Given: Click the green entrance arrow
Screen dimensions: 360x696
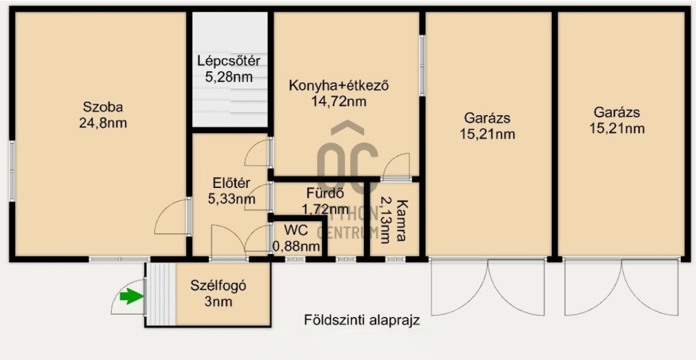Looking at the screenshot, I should tap(131, 296).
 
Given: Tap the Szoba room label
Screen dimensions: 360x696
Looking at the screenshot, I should tap(102, 107).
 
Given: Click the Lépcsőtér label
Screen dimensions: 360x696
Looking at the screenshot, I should tap(228, 60).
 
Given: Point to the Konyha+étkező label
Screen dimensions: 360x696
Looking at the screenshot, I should tap(339, 86).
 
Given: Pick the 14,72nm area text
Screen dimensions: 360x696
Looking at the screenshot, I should tap(339, 102).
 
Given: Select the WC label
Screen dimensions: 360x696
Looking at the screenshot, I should tap(296, 231).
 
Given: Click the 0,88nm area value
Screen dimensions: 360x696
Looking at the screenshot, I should tap(296, 246).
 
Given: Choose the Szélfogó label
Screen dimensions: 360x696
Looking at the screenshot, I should tap(218, 285).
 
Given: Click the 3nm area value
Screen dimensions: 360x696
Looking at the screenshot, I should tap(218, 301).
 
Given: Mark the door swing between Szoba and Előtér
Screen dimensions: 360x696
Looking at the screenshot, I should tap(173, 217).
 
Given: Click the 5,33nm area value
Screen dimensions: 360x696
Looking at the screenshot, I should tap(231, 199).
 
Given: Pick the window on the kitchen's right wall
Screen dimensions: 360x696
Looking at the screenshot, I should tap(422, 66).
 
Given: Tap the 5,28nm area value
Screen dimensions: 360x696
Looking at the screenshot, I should tap(228, 76).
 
